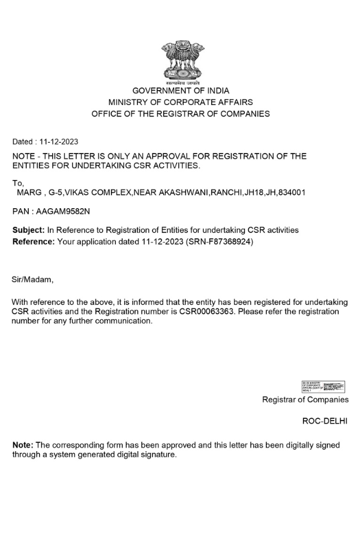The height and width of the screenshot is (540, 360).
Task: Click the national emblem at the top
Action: click(180, 61)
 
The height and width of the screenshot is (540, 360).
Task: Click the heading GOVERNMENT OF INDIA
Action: click(181, 91)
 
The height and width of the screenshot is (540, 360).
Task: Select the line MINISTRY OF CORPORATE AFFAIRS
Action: click(181, 103)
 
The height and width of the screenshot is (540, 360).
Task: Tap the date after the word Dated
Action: click(59, 142)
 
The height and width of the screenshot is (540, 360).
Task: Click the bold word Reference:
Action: click(34, 241)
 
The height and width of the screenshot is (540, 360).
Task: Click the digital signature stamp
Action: click(323, 386)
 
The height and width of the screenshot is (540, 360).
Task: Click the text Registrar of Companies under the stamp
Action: click(305, 400)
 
